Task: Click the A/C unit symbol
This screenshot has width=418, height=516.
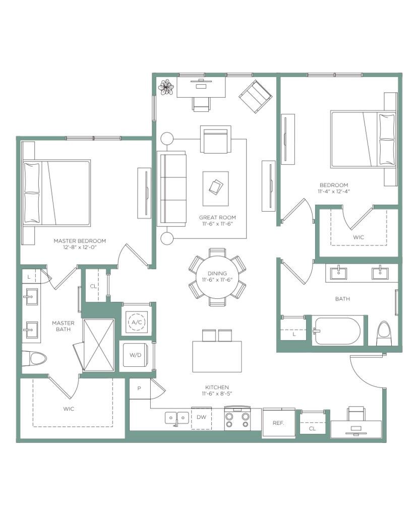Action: pyautogui.click(x=137, y=322)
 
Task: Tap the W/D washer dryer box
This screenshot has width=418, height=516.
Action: pyautogui.click(x=135, y=355)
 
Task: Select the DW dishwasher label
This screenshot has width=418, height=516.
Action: pyautogui.click(x=201, y=417)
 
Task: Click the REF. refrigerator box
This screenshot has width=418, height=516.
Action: pyautogui.click(x=279, y=423)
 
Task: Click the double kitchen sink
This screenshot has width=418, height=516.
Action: pyautogui.click(x=177, y=418)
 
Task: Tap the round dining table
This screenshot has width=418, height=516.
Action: pyautogui.click(x=217, y=277)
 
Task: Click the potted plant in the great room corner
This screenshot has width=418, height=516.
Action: pyautogui.click(x=166, y=87)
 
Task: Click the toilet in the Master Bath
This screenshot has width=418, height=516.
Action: pyautogui.click(x=36, y=359)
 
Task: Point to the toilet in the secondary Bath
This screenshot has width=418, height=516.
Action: pyautogui.click(x=384, y=334)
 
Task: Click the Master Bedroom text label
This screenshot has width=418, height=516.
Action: pyautogui.click(x=80, y=241)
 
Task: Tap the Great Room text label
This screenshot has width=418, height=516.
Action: pyautogui.click(x=217, y=217)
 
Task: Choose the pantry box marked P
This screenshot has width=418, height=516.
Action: pyautogui.click(x=140, y=389)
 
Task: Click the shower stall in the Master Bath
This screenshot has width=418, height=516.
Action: pyautogui.click(x=98, y=345)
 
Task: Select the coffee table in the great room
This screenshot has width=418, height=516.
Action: pyautogui.click(x=216, y=188)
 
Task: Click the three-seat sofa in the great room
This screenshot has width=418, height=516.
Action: pyautogui.click(x=171, y=188)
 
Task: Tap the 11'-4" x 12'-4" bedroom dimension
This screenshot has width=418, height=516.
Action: pyautogui.click(x=334, y=191)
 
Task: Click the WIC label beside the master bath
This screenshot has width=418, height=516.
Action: pyautogui.click(x=69, y=409)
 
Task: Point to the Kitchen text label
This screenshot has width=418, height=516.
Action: pyautogui.click(x=217, y=388)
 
